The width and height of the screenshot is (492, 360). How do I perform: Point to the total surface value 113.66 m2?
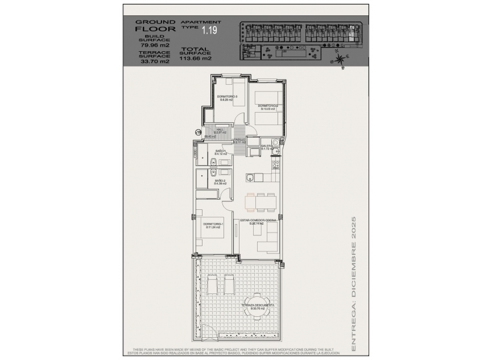196,58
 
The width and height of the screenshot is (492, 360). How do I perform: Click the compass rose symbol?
340,59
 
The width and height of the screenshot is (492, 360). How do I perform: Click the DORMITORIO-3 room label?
228,98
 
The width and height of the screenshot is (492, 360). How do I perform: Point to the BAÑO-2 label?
221,182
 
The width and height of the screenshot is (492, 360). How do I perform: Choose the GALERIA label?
267,147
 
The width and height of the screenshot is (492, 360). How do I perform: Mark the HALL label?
219,131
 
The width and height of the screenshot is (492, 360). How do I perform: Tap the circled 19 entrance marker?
198,132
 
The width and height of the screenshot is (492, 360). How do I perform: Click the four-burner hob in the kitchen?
276,165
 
